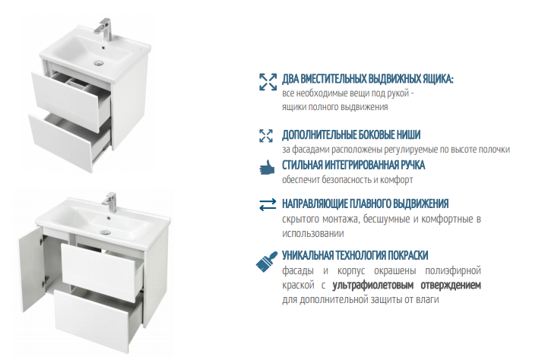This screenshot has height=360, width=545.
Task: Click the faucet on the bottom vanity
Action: [x=111, y=201]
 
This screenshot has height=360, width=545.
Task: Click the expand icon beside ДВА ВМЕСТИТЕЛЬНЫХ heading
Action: [x=267, y=82]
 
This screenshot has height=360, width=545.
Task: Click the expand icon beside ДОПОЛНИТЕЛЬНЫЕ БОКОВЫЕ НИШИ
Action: [x=266, y=135]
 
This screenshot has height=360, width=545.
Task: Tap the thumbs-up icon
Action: [x=266, y=167]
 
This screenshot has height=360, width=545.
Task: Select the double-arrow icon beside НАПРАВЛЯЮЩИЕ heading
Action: [x=267, y=204]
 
